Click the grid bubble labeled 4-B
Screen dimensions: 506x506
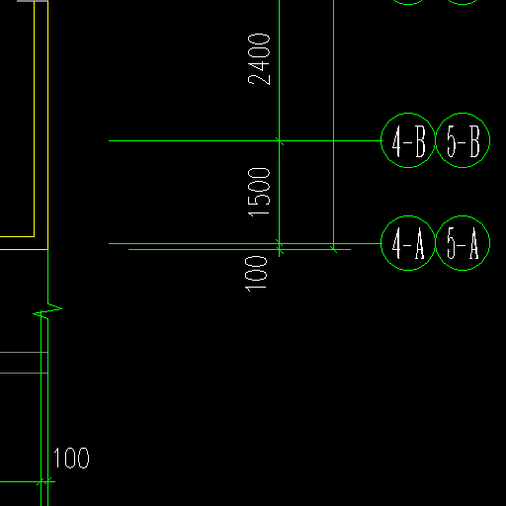(x=408, y=113)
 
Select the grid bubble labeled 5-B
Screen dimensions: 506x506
(x=463, y=113)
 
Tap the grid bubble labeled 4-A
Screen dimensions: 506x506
(x=408, y=216)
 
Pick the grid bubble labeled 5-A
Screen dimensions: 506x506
(x=463, y=216)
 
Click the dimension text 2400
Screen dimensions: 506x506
(x=259, y=59)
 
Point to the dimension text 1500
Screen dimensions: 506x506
(x=259, y=193)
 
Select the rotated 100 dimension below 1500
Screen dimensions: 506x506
(x=256, y=274)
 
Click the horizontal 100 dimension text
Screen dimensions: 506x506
(x=71, y=458)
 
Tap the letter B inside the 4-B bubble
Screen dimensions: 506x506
(x=420, y=141)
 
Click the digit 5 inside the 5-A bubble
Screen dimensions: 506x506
(x=452, y=243)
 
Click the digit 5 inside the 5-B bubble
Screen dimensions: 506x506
(x=452, y=141)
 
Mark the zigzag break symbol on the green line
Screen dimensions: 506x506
(x=47, y=311)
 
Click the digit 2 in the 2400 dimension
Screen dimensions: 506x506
(x=259, y=80)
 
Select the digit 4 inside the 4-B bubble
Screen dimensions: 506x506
(x=396, y=141)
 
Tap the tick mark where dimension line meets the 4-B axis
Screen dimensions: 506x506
(x=280, y=141)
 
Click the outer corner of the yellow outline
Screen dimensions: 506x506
(x=48, y=249)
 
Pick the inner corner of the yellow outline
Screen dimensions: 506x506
(x=35, y=236)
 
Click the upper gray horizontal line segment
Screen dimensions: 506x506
(x=24, y=353)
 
